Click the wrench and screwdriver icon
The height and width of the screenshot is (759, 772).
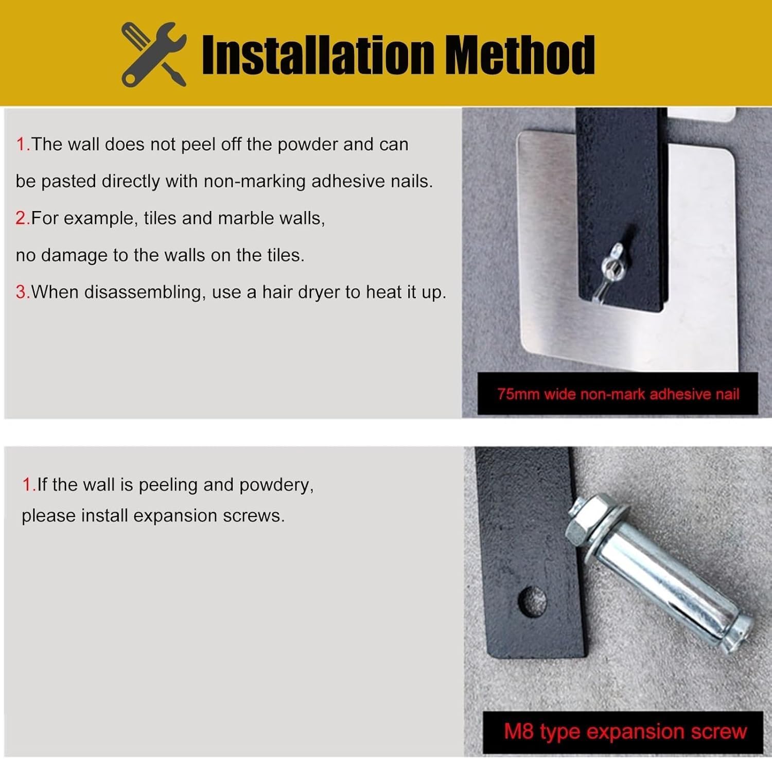click(x=154, y=54)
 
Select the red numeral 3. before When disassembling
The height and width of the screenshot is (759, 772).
click(x=23, y=292)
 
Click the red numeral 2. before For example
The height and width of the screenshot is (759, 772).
click(x=23, y=218)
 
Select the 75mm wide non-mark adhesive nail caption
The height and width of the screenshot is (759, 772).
click(x=618, y=394)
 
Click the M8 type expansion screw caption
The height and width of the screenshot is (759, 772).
click(x=625, y=731)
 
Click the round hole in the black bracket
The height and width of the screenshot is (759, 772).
click(x=532, y=600)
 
